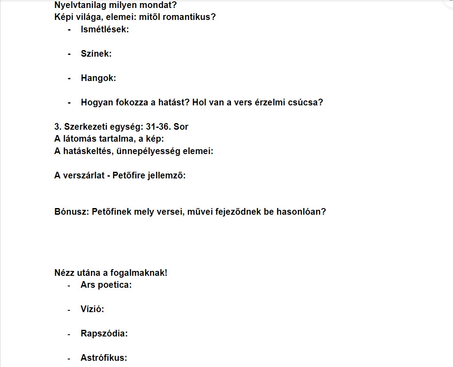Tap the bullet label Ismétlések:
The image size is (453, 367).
105,30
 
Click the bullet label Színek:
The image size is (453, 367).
96,54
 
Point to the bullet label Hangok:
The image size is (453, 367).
98,78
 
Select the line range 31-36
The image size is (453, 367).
158,127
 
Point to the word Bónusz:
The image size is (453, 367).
72,212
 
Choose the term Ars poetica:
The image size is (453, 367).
106,285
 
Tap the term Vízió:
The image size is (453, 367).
92,309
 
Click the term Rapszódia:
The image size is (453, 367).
104,333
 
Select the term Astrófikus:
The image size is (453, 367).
104,358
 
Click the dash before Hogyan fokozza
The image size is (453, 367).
70,102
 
